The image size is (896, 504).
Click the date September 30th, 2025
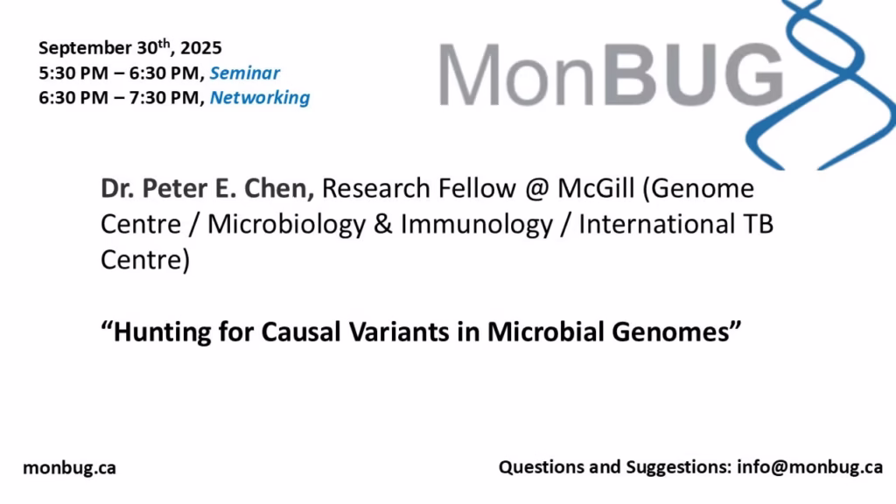129,47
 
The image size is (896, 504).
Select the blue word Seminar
245,73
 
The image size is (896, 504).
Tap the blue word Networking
260,98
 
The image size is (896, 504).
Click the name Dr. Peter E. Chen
207,189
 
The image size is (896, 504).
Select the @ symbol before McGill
536,189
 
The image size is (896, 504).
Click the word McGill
596,189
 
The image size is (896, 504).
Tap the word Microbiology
286,225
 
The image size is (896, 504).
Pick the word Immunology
477,225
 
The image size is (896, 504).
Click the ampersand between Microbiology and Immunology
383,224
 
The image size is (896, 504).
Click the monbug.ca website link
69,467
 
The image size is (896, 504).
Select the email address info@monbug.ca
809,467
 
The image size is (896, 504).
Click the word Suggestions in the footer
679,467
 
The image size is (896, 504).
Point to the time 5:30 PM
73,73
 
